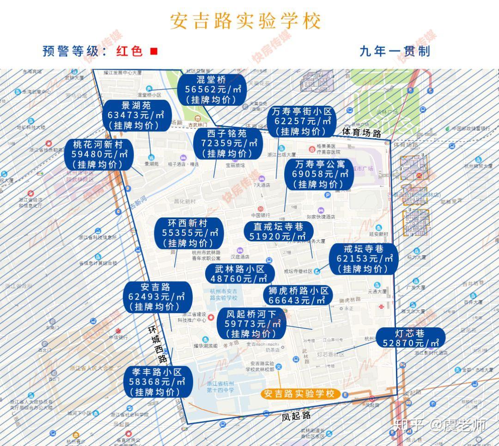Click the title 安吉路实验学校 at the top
point(245,21)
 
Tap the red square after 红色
point(154,51)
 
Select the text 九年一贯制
point(395,51)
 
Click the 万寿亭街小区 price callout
point(302,121)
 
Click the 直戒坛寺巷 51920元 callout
point(278,232)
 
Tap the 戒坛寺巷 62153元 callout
point(364,259)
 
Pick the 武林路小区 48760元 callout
point(239,274)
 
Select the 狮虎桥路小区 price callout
point(298,296)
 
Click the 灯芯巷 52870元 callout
point(410,338)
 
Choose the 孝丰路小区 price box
point(158,382)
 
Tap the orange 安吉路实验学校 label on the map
point(300,394)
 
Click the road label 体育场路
point(362,133)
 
